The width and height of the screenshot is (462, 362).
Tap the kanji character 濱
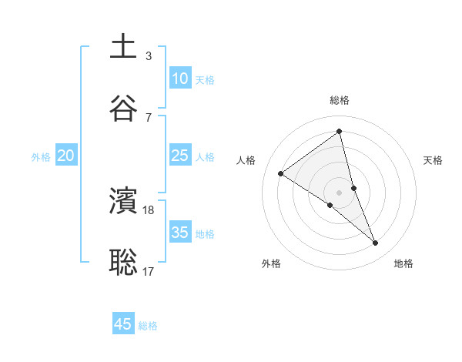(123, 201)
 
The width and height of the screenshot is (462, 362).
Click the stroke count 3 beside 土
(149, 55)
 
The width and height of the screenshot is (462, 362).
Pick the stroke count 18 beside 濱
(149, 209)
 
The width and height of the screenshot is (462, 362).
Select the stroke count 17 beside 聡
(149, 270)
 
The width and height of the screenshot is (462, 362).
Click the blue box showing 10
(179, 78)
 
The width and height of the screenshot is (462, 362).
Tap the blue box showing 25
(179, 156)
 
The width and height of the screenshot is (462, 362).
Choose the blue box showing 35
(179, 232)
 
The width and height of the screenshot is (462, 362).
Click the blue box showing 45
(123, 324)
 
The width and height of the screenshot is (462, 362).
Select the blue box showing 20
(65, 156)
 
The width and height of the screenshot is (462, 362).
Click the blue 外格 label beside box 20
(41, 157)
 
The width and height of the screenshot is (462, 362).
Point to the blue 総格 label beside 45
(148, 327)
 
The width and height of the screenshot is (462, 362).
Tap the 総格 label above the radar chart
(340, 100)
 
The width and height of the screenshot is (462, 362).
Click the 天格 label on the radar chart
(434, 160)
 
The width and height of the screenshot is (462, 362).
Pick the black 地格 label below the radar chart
(403, 263)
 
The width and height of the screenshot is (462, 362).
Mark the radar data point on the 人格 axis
(281, 173)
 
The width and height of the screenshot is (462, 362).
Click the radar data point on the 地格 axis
(376, 243)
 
